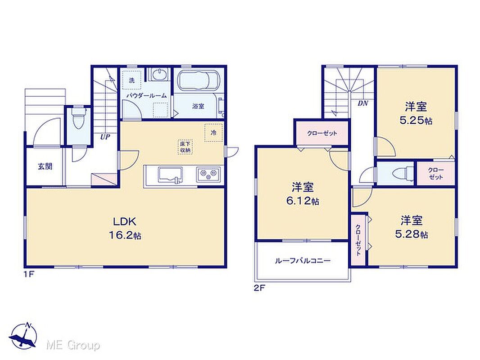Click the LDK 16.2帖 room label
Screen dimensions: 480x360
[125, 228]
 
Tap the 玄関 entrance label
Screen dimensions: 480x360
[45, 166]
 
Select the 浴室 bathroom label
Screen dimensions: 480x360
[198, 106]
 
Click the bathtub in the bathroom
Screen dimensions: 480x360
[199, 80]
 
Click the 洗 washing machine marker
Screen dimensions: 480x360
[131, 81]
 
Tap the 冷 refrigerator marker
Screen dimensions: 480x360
[213, 132]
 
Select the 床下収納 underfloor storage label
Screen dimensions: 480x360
[185, 147]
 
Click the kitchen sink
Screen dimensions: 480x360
[170, 175]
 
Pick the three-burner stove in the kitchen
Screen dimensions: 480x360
[208, 175]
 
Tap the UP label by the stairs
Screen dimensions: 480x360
[105, 137]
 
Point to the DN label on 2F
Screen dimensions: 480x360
[363, 103]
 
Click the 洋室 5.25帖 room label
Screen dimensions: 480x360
[416, 113]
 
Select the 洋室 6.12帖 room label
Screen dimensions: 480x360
[303, 193]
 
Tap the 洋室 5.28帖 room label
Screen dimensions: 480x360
[412, 227]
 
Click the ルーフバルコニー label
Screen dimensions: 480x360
[303, 261]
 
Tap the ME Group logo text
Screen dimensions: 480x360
[73, 345]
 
